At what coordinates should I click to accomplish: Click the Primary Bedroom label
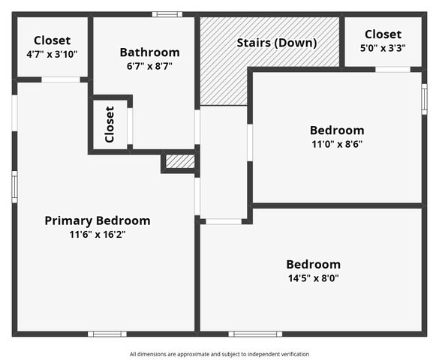(x=98, y=220)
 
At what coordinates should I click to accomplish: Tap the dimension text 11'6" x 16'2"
(x=98, y=235)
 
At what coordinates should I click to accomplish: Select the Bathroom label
(x=150, y=52)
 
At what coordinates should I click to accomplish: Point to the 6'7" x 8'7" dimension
(x=149, y=66)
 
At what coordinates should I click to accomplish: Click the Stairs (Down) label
(x=277, y=43)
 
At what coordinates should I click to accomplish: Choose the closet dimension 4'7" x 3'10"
(x=52, y=54)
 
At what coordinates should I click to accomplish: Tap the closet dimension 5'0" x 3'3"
(x=383, y=48)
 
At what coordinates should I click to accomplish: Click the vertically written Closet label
(x=110, y=124)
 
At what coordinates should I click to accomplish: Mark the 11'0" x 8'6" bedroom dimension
(x=337, y=144)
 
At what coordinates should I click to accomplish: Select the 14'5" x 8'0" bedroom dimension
(x=313, y=278)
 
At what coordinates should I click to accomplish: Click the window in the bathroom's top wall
(x=167, y=14)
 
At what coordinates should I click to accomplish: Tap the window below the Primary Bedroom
(x=107, y=334)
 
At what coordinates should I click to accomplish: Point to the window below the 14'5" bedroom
(x=255, y=334)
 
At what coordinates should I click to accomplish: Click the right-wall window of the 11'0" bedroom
(x=425, y=99)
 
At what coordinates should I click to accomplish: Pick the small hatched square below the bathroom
(x=180, y=162)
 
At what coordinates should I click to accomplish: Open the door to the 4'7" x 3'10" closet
(x=61, y=79)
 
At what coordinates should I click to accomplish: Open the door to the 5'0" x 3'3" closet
(x=392, y=69)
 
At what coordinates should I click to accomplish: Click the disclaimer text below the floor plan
(x=219, y=354)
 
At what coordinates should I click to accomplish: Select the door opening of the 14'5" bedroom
(x=224, y=221)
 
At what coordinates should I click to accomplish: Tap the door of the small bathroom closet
(x=130, y=126)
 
